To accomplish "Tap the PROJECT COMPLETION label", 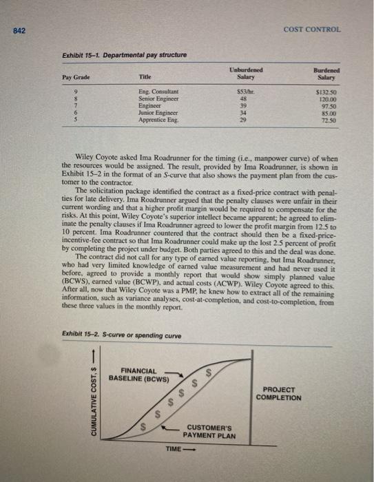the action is tap(278, 393).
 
